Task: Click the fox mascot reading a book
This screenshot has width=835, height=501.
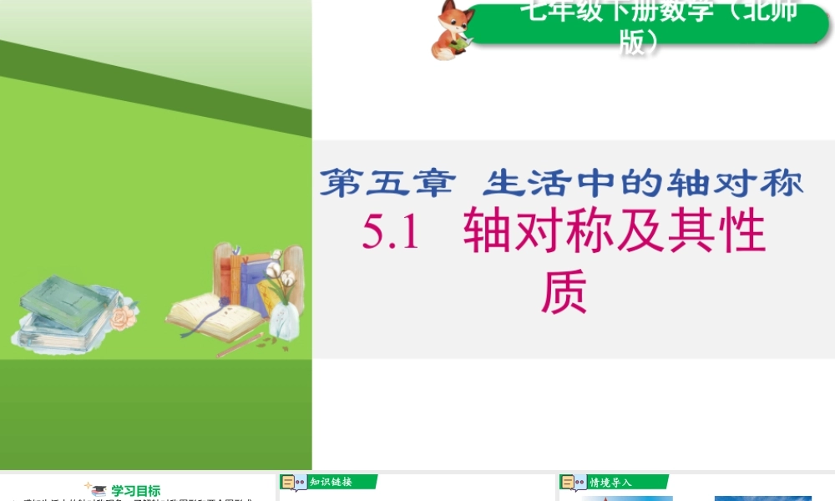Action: [452, 31]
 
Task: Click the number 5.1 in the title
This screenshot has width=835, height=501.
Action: [390, 233]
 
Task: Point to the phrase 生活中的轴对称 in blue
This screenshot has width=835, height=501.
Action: [644, 182]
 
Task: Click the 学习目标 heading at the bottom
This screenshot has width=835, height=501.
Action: [135, 491]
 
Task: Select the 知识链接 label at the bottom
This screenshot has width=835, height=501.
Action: [331, 482]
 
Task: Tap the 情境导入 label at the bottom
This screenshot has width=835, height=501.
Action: [610, 482]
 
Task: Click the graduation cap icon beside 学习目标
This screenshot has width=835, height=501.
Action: [99, 491]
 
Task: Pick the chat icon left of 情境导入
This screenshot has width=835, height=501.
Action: [573, 483]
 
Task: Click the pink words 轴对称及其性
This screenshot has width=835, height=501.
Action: [615, 233]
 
